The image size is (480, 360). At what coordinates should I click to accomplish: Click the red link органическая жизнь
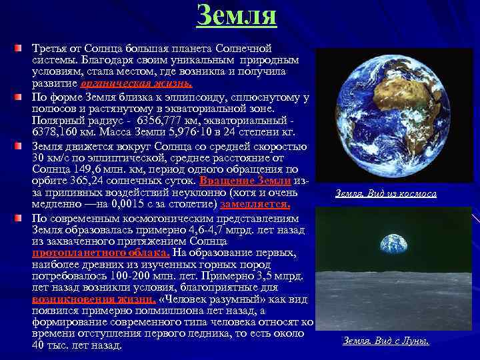click(x=136, y=83)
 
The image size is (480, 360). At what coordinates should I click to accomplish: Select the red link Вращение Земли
click(x=245, y=181)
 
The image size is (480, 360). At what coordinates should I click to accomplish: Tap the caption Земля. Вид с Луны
click(x=386, y=341)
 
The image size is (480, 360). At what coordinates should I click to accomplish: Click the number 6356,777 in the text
click(x=164, y=121)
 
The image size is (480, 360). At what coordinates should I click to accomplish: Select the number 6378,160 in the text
click(x=55, y=133)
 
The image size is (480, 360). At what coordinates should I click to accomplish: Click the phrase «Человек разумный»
click(x=206, y=299)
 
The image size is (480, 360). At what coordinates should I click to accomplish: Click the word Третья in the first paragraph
click(x=51, y=49)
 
